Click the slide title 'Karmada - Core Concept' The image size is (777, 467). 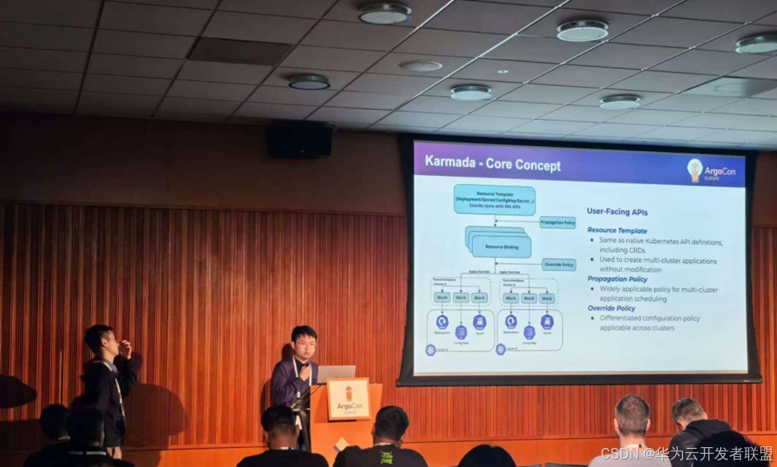(x=493, y=164)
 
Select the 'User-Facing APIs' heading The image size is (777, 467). (x=617, y=212)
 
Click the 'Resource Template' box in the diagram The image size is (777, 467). (x=493, y=199)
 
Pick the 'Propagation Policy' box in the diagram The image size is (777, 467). (x=557, y=222)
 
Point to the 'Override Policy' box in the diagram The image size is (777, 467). (x=559, y=264)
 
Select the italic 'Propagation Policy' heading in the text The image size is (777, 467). (x=617, y=279)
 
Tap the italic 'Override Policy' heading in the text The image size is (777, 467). (x=612, y=308)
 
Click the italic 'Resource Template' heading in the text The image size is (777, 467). (x=617, y=231)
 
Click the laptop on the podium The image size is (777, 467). (x=336, y=374)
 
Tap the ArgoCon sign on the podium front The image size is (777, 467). (x=349, y=400)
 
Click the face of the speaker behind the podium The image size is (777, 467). (x=303, y=343)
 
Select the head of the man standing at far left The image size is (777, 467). (x=100, y=340)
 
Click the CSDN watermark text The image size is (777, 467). (x=686, y=454)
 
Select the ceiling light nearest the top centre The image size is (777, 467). (x=384, y=13)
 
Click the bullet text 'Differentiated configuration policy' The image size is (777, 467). (x=650, y=318)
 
